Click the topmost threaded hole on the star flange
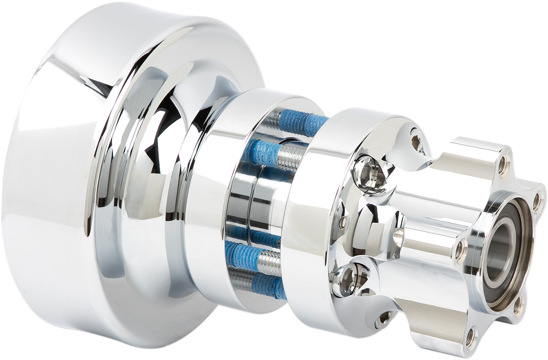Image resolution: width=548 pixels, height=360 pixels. (503, 163)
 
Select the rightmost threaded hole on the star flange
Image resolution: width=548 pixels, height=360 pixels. (537, 202)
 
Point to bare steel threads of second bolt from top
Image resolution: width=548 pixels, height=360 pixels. (288, 155)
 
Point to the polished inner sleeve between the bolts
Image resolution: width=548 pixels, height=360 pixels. (250, 207)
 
